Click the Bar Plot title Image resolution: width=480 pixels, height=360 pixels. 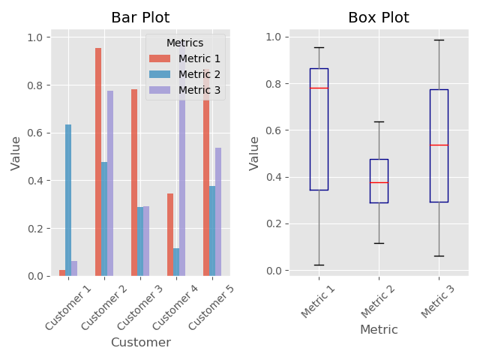(140, 18)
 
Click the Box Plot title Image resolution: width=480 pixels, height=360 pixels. (379, 18)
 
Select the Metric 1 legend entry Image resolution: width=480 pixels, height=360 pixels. (193, 58)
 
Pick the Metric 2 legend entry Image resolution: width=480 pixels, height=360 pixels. (193, 74)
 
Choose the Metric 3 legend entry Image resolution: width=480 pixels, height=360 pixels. (193, 90)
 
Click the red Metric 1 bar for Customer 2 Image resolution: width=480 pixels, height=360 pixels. (98, 162)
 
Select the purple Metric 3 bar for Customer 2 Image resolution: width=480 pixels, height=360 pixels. (110, 184)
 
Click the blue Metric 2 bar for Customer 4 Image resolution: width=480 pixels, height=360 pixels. (176, 262)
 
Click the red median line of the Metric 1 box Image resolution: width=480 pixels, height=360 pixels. (319, 88)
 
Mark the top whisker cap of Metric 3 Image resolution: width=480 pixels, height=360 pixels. (439, 40)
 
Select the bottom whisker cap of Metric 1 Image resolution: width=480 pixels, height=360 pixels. (319, 265)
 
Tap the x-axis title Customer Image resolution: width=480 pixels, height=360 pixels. (140, 343)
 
